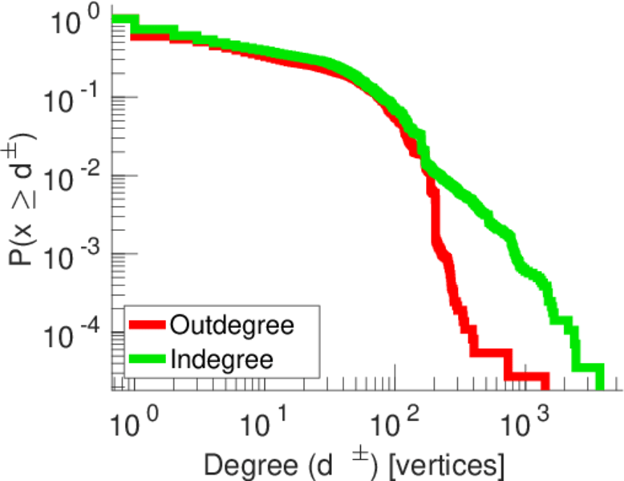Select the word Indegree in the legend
click(x=221, y=360)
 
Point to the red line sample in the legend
click(x=148, y=325)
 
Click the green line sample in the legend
click(x=148, y=360)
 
